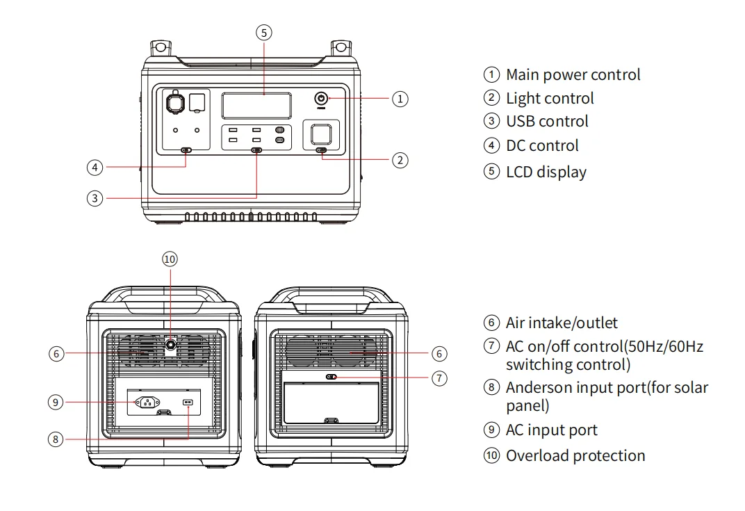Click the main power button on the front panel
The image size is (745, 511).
(x=321, y=99)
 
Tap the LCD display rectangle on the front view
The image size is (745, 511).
(x=256, y=106)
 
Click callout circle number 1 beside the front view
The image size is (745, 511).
(x=400, y=99)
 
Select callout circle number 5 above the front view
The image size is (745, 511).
(x=263, y=32)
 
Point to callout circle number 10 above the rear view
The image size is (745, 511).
(x=170, y=259)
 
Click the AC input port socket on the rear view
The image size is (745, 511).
(x=148, y=401)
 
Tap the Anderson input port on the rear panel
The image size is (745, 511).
(x=186, y=403)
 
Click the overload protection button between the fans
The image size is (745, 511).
(x=170, y=343)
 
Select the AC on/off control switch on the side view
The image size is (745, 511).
(x=331, y=378)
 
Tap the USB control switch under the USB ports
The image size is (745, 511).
(x=256, y=150)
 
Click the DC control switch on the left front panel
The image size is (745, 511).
(x=186, y=150)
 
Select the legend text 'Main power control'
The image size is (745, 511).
(x=573, y=74)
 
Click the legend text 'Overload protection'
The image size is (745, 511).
(x=575, y=456)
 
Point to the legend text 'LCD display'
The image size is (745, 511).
(x=546, y=172)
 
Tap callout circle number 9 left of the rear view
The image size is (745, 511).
(x=57, y=402)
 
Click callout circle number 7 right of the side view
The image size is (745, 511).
(x=439, y=378)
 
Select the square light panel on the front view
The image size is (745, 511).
(x=321, y=133)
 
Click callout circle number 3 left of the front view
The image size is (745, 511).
(x=95, y=198)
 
